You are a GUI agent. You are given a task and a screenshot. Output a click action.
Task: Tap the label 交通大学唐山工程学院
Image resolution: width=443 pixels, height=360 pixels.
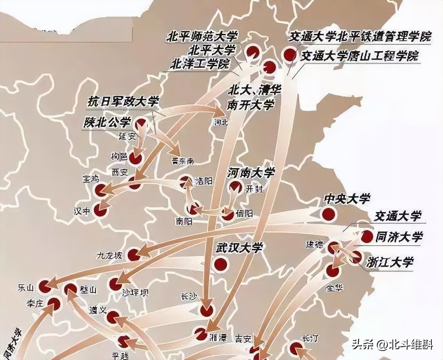pos(360,56)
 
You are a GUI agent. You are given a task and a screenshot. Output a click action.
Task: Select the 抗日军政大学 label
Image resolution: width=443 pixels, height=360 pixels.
pos(123,102)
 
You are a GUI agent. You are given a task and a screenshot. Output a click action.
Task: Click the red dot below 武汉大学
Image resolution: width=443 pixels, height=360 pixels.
pos(220,265)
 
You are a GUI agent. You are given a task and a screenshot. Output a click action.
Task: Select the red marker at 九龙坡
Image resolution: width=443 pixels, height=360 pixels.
pos(134,255)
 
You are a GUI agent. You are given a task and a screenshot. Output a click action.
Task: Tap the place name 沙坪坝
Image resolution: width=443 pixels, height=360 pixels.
pos(135,292)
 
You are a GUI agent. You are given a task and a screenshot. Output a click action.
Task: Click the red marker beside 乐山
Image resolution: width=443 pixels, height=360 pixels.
pos(45,286)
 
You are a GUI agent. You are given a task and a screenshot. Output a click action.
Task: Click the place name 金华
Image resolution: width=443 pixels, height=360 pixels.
pos(334,288)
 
